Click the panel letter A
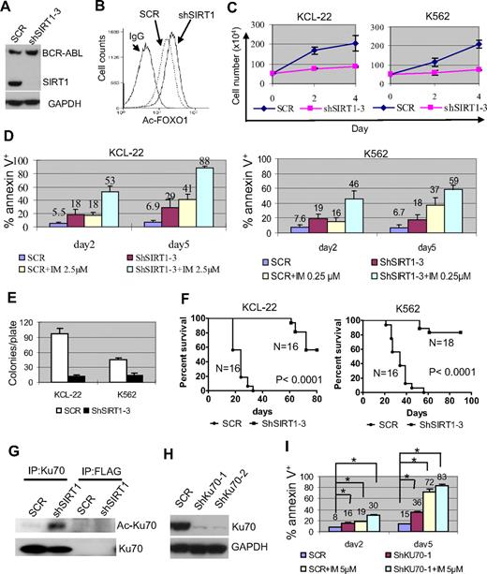pos(7,8)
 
